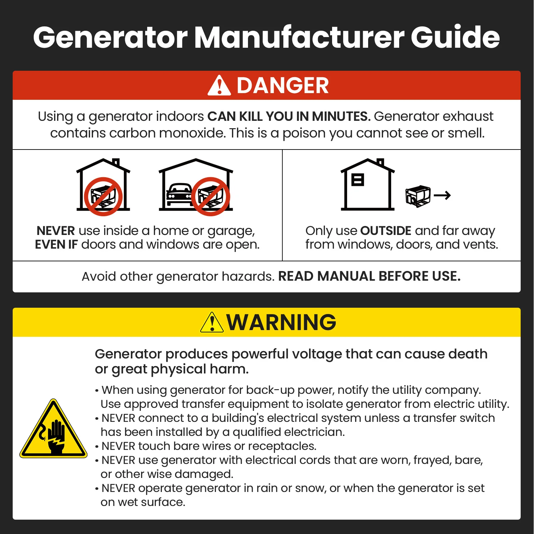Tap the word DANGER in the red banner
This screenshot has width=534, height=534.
pyautogui.click(x=283, y=85)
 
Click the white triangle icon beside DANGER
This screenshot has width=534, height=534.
pyautogui.click(x=219, y=86)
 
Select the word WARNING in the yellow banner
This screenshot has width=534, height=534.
pyautogui.click(x=281, y=322)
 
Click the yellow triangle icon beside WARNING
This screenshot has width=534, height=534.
pyautogui.click(x=212, y=323)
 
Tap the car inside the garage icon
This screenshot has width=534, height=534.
pyautogui.click(x=179, y=196)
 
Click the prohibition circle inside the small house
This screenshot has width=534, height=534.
pyautogui.click(x=103, y=197)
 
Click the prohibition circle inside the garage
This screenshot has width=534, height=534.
pyautogui.click(x=211, y=197)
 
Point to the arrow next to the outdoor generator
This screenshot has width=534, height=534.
pyautogui.click(x=442, y=195)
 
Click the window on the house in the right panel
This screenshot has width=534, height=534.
pyautogui.click(x=357, y=180)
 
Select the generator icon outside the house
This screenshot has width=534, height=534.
pyautogui.click(x=418, y=196)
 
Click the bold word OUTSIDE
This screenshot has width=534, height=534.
pyautogui.click(x=386, y=231)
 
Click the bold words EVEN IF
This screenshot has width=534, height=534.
pyautogui.click(x=56, y=245)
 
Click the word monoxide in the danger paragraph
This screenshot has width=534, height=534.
pyautogui.click(x=193, y=133)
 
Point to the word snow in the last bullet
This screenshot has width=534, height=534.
pyautogui.click(x=310, y=488)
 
